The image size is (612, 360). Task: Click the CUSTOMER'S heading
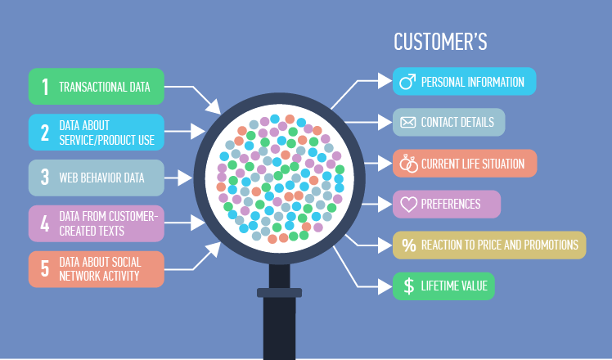(x=440, y=42)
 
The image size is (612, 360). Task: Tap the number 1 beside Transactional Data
(x=45, y=87)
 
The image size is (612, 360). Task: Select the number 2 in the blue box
(x=45, y=133)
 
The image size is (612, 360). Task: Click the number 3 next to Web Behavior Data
(x=45, y=178)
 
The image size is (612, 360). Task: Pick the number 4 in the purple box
(x=45, y=223)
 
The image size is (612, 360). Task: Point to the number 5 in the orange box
(x=45, y=269)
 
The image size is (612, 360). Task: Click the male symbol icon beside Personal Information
(x=407, y=82)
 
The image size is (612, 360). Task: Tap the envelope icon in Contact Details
(x=408, y=123)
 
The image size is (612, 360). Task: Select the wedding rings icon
(x=408, y=164)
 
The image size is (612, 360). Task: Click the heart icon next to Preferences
(x=408, y=205)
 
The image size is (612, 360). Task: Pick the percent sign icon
(x=408, y=245)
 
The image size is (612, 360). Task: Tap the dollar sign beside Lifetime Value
(x=408, y=286)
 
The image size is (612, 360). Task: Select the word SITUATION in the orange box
(x=503, y=164)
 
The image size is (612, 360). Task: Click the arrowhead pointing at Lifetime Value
(x=385, y=287)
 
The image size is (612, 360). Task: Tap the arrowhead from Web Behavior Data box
(x=185, y=178)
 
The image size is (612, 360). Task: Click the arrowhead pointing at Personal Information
(x=385, y=81)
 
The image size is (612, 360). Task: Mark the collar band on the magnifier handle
(x=279, y=292)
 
